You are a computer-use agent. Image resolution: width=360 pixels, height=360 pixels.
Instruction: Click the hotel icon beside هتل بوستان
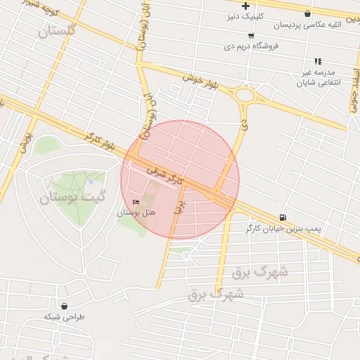point(136,202)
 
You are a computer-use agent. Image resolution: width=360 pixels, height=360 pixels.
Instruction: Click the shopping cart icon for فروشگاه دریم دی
point(252,34)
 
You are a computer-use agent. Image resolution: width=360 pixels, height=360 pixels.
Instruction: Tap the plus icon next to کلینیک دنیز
point(245,6)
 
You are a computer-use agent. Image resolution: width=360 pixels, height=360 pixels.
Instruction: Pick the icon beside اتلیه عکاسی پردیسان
point(307,13)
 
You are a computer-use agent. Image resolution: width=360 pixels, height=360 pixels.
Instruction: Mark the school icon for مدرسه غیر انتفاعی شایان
point(318,61)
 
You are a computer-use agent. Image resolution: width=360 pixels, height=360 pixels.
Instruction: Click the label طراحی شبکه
point(65,317)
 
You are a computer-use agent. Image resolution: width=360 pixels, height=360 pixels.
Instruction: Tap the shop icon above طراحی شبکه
point(65,306)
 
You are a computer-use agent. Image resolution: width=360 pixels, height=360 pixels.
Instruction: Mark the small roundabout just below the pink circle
point(186,255)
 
